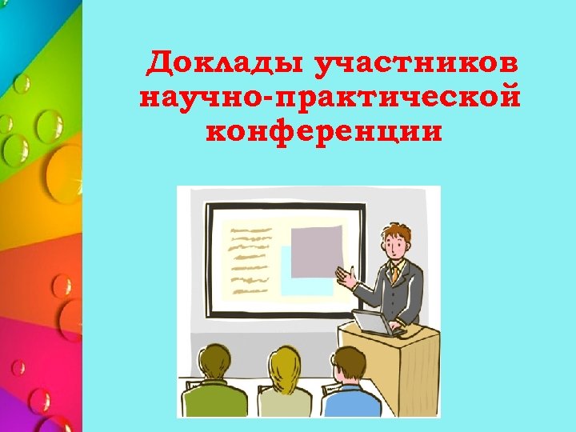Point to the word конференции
pos(323,130)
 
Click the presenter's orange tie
pos(395,274)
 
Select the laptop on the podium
pos(370,321)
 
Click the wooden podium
pos(400,368)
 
